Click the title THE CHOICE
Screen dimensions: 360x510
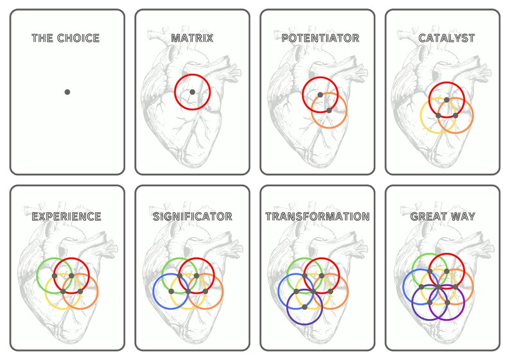66,38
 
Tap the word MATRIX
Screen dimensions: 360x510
192,38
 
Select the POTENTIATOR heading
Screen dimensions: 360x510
320,38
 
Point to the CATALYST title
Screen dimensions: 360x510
446,38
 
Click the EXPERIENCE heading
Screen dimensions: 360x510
66,216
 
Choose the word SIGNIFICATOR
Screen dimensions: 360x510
192,216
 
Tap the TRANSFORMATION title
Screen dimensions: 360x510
317,216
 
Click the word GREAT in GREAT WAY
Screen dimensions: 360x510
430,216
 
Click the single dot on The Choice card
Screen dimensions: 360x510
67,92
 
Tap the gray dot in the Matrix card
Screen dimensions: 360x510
192,92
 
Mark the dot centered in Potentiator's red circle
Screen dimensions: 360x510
320,95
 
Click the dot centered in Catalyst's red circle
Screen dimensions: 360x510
446,99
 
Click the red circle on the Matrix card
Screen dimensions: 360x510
175,92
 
